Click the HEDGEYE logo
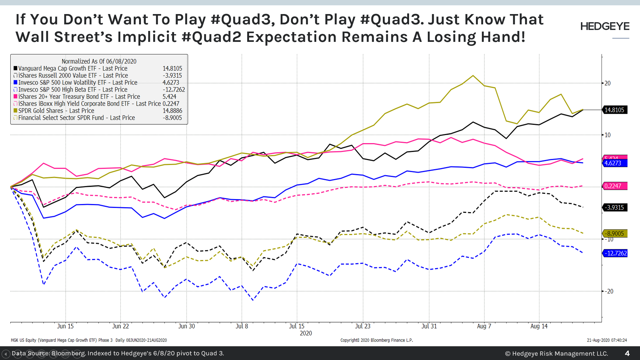point(605,27)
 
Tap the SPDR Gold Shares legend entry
point(56,111)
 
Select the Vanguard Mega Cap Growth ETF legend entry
point(72,68)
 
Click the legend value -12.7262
point(174,90)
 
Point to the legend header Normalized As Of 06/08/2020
point(99,61)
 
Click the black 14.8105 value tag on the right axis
point(614,110)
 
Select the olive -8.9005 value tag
point(615,233)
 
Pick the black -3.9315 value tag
point(614,207)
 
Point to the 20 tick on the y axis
point(607,83)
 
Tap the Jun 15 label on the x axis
point(65,326)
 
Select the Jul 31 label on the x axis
point(429,326)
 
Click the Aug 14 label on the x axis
point(539,326)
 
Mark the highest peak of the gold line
point(473,76)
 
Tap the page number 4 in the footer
point(627,353)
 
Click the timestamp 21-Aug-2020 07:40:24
point(607,340)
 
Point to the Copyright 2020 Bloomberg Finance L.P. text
point(377,340)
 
